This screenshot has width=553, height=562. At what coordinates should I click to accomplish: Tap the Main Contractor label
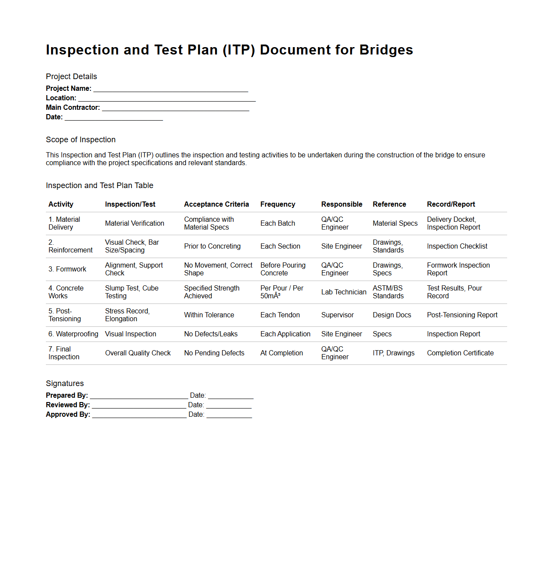click(73, 108)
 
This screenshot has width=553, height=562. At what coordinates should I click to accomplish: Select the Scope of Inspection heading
click(80, 140)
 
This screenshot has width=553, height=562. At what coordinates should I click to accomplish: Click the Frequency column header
click(277, 204)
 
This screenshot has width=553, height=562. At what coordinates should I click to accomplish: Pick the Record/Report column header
click(450, 204)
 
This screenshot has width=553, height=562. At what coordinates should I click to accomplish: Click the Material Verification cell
click(135, 224)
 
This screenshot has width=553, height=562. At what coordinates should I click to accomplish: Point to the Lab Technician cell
click(344, 292)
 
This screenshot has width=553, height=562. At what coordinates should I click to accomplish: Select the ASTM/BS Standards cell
click(388, 292)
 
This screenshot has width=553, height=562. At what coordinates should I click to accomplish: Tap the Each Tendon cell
click(280, 315)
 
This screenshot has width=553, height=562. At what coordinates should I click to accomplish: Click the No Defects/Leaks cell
click(211, 334)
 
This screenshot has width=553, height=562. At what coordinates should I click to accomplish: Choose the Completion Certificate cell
click(460, 353)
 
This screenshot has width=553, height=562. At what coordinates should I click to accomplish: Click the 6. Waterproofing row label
click(73, 334)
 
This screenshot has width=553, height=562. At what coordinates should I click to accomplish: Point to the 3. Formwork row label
click(67, 269)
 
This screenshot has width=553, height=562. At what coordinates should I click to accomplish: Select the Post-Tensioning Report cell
click(462, 315)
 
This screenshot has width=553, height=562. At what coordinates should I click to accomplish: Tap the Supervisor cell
click(337, 315)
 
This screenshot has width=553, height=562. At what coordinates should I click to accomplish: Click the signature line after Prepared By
click(139, 396)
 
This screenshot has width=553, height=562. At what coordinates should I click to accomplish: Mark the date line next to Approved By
click(229, 415)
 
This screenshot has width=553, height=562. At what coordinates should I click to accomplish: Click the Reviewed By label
click(68, 405)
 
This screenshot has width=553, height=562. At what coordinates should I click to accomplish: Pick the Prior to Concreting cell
click(212, 246)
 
